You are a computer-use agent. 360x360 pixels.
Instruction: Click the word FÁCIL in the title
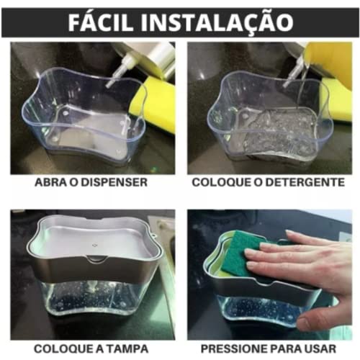point(107,21)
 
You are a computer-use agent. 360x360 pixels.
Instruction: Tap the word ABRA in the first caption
point(53,182)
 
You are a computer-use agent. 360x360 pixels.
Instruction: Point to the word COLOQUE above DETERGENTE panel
point(220,182)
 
